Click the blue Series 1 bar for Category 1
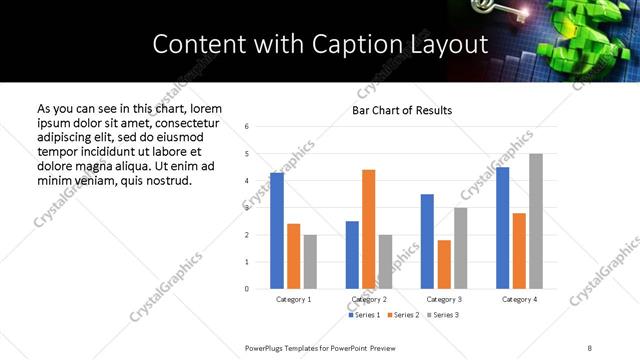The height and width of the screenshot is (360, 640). (x=277, y=231)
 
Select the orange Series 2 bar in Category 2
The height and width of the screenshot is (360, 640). (x=368, y=229)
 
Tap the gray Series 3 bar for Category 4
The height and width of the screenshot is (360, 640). (x=536, y=221)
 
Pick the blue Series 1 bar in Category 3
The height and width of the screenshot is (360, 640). (x=427, y=241)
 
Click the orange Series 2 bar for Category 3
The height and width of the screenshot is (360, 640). (x=444, y=264)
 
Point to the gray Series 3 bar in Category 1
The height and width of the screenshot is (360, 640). (x=310, y=262)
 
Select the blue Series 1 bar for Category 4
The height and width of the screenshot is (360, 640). (x=502, y=228)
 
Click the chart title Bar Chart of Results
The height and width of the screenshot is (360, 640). (x=402, y=110)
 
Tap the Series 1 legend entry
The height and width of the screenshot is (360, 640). (x=363, y=315)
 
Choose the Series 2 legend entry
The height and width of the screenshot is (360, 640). (x=402, y=315)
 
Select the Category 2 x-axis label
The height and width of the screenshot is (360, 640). (x=368, y=299)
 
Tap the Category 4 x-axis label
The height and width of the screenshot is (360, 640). (x=519, y=299)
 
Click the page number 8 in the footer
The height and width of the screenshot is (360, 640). (x=589, y=347)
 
